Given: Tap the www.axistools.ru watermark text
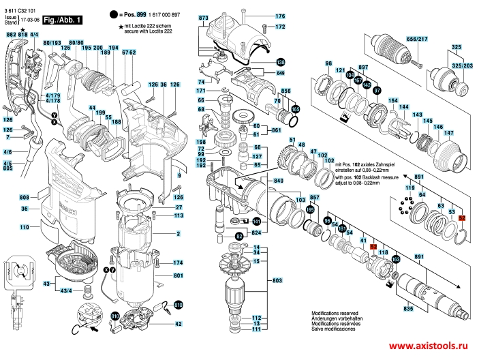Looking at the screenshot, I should [x=431, y=346].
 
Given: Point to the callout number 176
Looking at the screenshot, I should [x=280, y=16].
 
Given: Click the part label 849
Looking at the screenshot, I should [x=280, y=72].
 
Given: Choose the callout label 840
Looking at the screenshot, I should [x=279, y=181].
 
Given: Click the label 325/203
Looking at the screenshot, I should [x=463, y=65].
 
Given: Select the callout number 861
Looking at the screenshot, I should [x=277, y=130].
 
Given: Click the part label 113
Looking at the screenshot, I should [x=179, y=215].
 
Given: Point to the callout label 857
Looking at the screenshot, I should [x=315, y=197].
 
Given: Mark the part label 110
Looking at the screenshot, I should [x=24, y=226].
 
